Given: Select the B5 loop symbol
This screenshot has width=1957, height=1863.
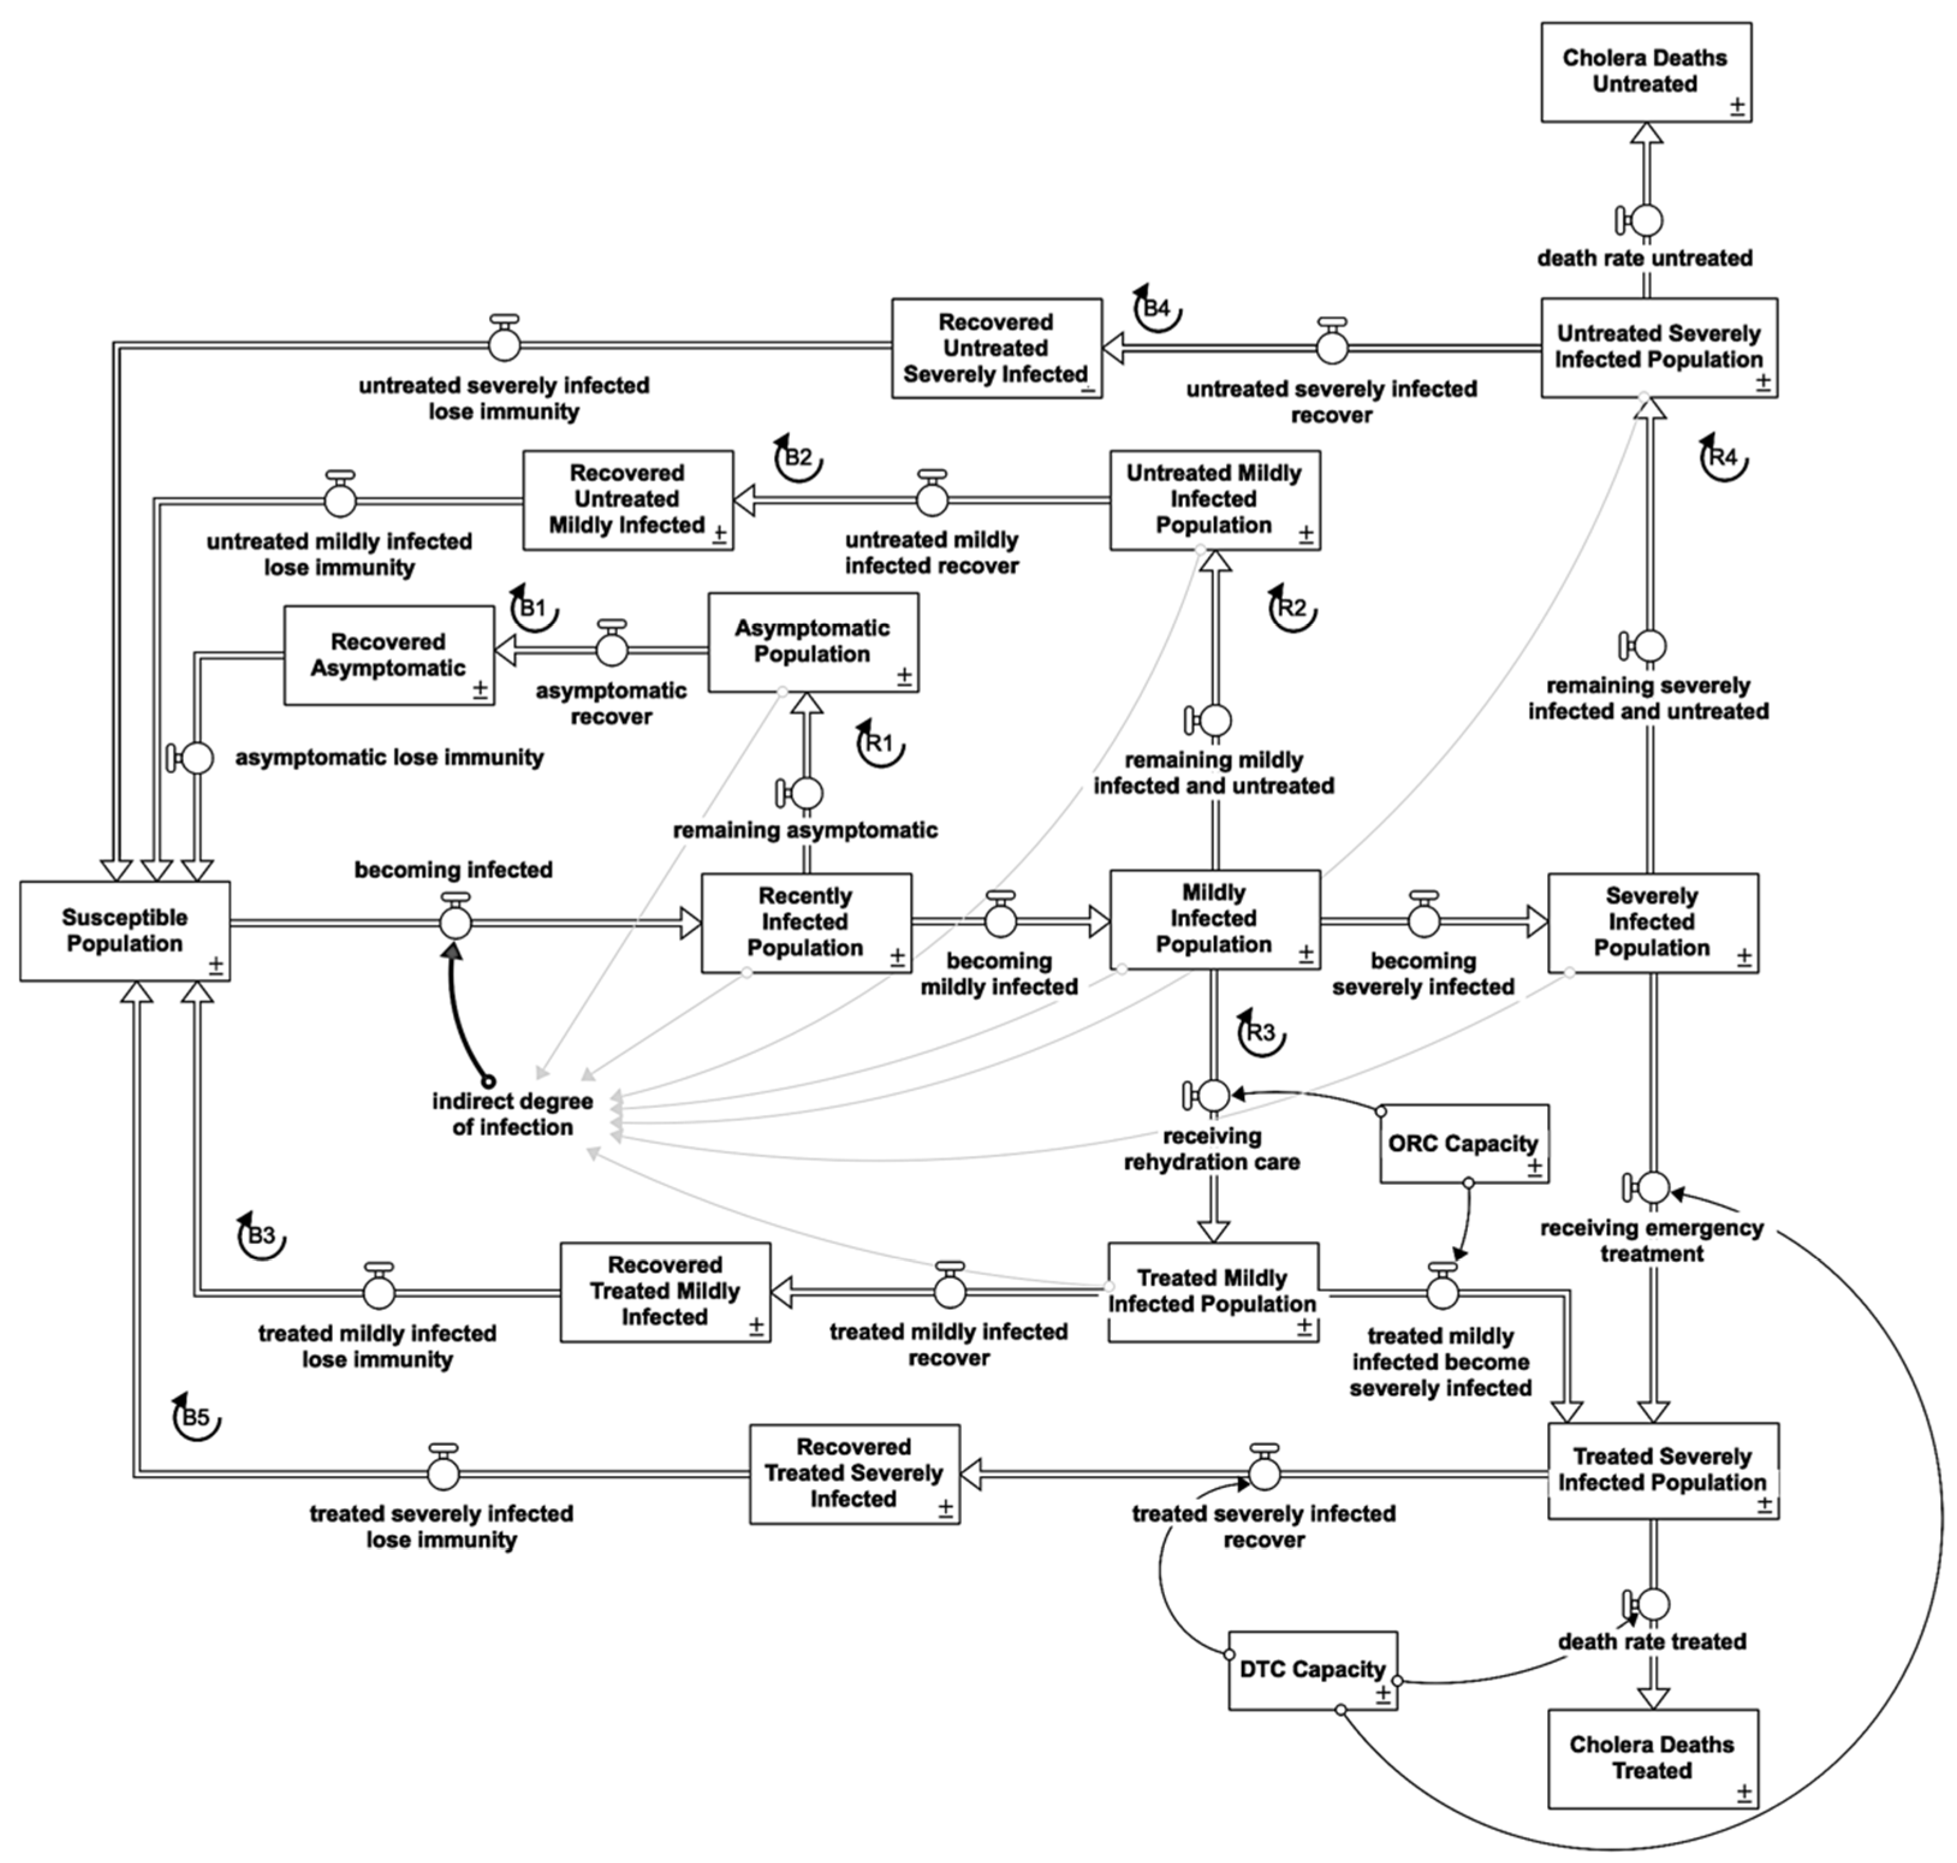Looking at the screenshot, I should click(197, 1417).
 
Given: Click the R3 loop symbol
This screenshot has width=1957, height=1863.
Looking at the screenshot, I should click(1261, 1033).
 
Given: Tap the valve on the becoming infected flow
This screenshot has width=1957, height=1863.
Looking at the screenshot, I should click(455, 923).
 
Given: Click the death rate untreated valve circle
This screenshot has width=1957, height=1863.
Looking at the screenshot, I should click(1646, 219).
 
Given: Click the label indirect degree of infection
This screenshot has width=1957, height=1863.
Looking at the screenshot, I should click(512, 1113).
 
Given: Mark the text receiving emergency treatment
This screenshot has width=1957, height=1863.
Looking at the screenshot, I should click(1651, 1240).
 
